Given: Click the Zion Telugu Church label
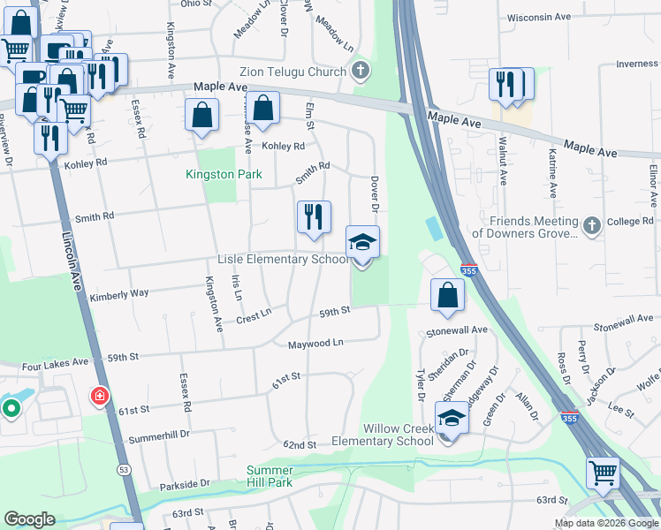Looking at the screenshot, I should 292,72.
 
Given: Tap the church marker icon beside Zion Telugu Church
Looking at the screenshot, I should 360,71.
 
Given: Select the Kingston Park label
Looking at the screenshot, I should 224,174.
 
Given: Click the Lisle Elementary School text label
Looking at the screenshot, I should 284,260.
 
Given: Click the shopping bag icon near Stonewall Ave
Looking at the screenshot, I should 448,295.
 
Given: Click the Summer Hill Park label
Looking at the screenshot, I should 270,476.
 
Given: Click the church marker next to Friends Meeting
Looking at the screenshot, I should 591,227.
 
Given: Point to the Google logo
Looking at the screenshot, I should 30,519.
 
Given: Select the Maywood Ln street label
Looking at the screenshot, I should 315,342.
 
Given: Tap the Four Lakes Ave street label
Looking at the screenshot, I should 56,362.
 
